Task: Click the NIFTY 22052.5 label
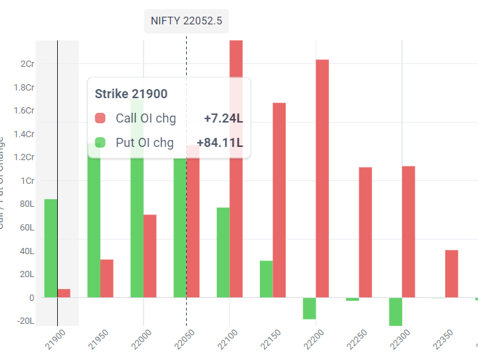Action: tap(186, 21)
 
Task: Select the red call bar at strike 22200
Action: tap(322, 178)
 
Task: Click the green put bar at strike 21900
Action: tap(50, 248)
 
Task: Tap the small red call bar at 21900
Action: tap(63, 293)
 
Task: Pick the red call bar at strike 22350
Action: tap(452, 274)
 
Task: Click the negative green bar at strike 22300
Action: tap(396, 311)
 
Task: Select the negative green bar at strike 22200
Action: tap(309, 308)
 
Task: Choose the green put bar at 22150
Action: tap(266, 279)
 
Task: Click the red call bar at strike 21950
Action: tap(107, 279)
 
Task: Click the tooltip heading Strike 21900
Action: tap(131, 94)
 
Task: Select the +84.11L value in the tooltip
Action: tap(219, 143)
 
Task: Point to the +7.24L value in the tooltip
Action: tap(223, 118)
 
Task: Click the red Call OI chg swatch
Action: tap(100, 118)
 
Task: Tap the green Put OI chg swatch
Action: tap(100, 143)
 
